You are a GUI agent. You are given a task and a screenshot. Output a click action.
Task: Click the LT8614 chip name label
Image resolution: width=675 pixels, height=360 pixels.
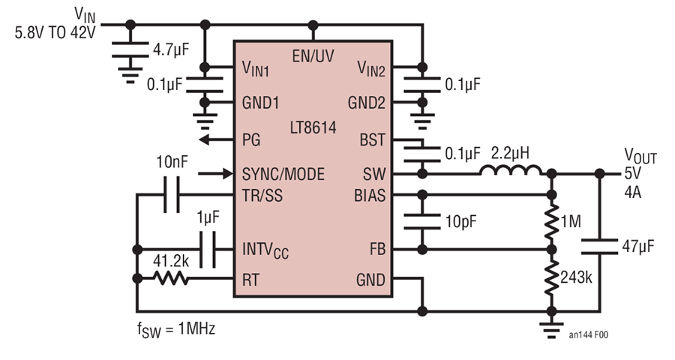pyautogui.click(x=313, y=127)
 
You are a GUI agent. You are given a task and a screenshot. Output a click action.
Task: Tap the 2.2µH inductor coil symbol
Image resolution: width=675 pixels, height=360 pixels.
pyautogui.click(x=511, y=170)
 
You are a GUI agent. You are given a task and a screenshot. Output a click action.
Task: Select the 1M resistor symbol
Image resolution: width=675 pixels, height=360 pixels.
pyautogui.click(x=551, y=223)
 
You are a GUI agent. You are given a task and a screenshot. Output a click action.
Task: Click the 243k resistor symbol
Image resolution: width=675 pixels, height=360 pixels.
pyautogui.click(x=551, y=278)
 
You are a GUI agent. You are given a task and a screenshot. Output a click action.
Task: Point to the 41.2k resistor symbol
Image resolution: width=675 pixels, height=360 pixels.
pyautogui.click(x=171, y=278)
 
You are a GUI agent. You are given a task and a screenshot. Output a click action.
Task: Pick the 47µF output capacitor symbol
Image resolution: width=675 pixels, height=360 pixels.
pyautogui.click(x=599, y=246)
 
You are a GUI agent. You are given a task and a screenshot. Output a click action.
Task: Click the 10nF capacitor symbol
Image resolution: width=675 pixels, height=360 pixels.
pyautogui.click(x=172, y=195)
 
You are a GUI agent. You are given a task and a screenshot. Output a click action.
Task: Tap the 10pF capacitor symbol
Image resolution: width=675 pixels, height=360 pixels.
pyautogui.click(x=422, y=221)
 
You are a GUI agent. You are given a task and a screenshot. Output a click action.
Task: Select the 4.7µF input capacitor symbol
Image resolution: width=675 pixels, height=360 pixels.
pyautogui.click(x=130, y=49)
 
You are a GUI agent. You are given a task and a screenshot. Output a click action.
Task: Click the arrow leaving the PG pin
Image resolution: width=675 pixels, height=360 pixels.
pyautogui.click(x=216, y=139)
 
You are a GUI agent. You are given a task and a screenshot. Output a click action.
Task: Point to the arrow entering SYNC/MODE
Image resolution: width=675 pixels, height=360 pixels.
pyautogui.click(x=216, y=173)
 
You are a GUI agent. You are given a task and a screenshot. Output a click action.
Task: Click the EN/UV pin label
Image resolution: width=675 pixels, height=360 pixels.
pyautogui.click(x=313, y=56)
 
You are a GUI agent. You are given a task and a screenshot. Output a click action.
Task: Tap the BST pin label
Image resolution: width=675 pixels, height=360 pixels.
pyautogui.click(x=372, y=140)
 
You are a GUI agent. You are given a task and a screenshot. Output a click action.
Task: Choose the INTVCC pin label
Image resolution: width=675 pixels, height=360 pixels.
pyautogui.click(x=265, y=250)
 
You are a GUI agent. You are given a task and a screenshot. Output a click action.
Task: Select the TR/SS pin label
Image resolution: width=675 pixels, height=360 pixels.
pyautogui.click(x=262, y=196)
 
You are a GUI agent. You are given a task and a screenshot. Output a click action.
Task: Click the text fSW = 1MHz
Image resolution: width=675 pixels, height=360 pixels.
pyautogui.click(x=176, y=330)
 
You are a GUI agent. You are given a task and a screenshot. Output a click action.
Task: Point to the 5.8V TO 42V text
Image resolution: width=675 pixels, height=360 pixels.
pyautogui.click(x=55, y=33)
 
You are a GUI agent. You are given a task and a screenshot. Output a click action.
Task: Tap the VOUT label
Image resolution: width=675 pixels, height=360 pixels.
pyautogui.click(x=640, y=157)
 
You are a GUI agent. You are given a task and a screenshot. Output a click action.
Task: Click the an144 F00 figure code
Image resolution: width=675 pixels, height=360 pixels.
pyautogui.click(x=589, y=334)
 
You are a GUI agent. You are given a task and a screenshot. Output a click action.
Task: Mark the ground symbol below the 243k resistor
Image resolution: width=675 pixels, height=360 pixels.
pyautogui.click(x=551, y=329)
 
